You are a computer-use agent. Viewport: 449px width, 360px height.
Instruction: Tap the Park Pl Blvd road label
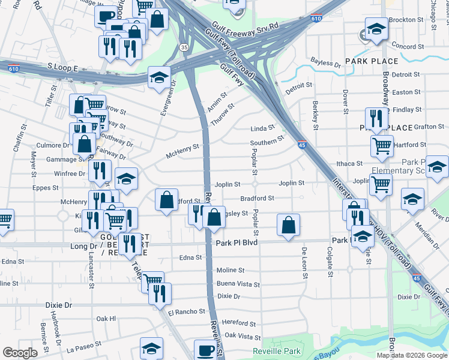[x=236, y=243]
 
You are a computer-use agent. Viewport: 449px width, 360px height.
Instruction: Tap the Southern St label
[x=267, y=141]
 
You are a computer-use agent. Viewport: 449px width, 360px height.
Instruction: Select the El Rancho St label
[x=186, y=312]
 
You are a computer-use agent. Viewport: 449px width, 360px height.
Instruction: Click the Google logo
[x=20, y=353]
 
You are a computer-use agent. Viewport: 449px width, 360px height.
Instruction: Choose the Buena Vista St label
[x=238, y=284]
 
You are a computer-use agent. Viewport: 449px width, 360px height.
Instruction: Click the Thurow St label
[x=222, y=111]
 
